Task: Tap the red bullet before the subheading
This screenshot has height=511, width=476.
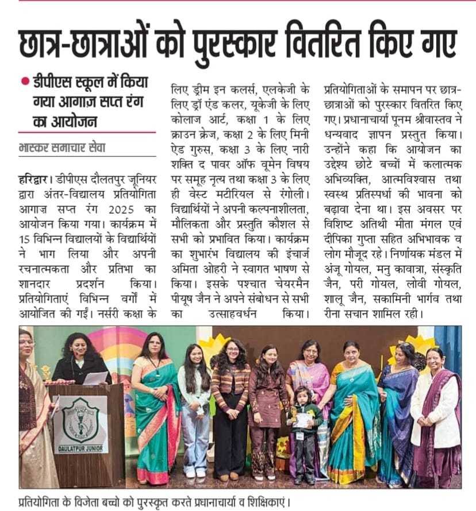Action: [25, 82]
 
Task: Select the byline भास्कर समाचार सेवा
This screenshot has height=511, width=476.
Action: [62, 148]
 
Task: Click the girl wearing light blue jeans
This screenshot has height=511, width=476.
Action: [194, 408]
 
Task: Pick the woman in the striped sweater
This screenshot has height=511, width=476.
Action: [231, 402]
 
